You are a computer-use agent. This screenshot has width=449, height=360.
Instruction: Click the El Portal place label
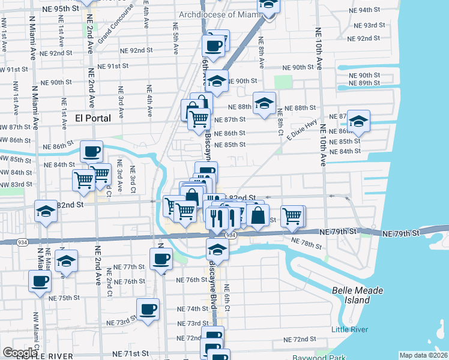click(93, 118)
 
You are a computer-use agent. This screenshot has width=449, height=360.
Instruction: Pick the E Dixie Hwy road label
click(301, 130)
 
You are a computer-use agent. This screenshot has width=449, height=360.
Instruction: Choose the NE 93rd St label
click(370, 25)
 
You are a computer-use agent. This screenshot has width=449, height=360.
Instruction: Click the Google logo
click(20, 352)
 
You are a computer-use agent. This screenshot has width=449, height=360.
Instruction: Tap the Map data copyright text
click(423, 355)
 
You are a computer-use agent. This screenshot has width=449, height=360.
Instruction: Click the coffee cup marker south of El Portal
click(91, 151)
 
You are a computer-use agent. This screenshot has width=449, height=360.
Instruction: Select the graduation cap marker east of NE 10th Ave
click(358, 122)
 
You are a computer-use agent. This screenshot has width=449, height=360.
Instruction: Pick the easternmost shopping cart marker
click(293, 216)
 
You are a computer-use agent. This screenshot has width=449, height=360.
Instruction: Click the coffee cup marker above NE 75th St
click(40, 281)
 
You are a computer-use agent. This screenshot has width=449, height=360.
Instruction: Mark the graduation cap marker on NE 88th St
click(264, 103)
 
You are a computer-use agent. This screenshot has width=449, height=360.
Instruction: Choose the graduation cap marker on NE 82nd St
click(46, 211)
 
